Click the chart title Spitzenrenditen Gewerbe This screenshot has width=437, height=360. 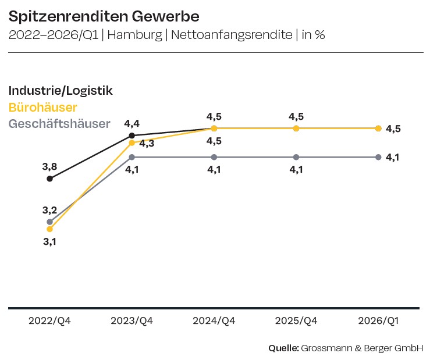coord(104,16)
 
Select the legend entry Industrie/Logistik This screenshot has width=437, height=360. coord(61,91)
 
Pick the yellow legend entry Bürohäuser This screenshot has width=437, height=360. coord(43,108)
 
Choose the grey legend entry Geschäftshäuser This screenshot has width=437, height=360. coord(59,124)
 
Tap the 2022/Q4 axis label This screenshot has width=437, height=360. coord(49,320)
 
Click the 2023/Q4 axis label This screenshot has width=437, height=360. coord(132,320)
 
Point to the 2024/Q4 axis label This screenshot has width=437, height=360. coord(214,320)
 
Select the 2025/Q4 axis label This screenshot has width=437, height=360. coord(296,320)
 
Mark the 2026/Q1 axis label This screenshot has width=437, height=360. coord(379,320)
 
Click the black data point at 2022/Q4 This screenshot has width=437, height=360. coord(49,179)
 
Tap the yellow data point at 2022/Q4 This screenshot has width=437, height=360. coord(49,229)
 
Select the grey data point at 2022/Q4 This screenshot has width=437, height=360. coord(49,222)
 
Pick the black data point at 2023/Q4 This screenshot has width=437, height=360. coord(132,136)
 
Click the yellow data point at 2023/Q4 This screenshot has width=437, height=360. coord(132,142)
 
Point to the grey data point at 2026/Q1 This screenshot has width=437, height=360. coord(379,157)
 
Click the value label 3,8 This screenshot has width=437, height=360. coord(49,167)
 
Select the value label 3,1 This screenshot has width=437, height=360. coord(49,241)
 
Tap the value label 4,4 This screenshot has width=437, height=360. coord(132,123)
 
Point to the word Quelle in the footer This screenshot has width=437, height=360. coord(283,348)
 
